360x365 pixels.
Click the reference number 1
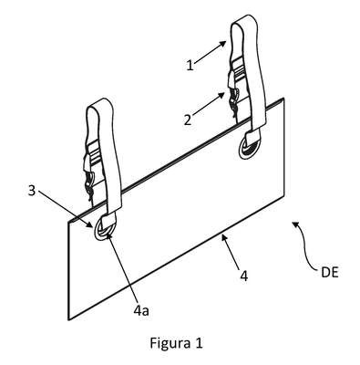coord(190,66)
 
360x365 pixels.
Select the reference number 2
coord(188,120)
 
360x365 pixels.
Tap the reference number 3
coord(32,192)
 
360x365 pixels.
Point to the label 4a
coord(141,311)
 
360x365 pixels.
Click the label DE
coord(330,273)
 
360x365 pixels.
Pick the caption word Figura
coord(168,344)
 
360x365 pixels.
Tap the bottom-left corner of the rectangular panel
coord(69,319)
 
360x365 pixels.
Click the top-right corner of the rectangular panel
coord(283,98)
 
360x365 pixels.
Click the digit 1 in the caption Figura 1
coord(199,343)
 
